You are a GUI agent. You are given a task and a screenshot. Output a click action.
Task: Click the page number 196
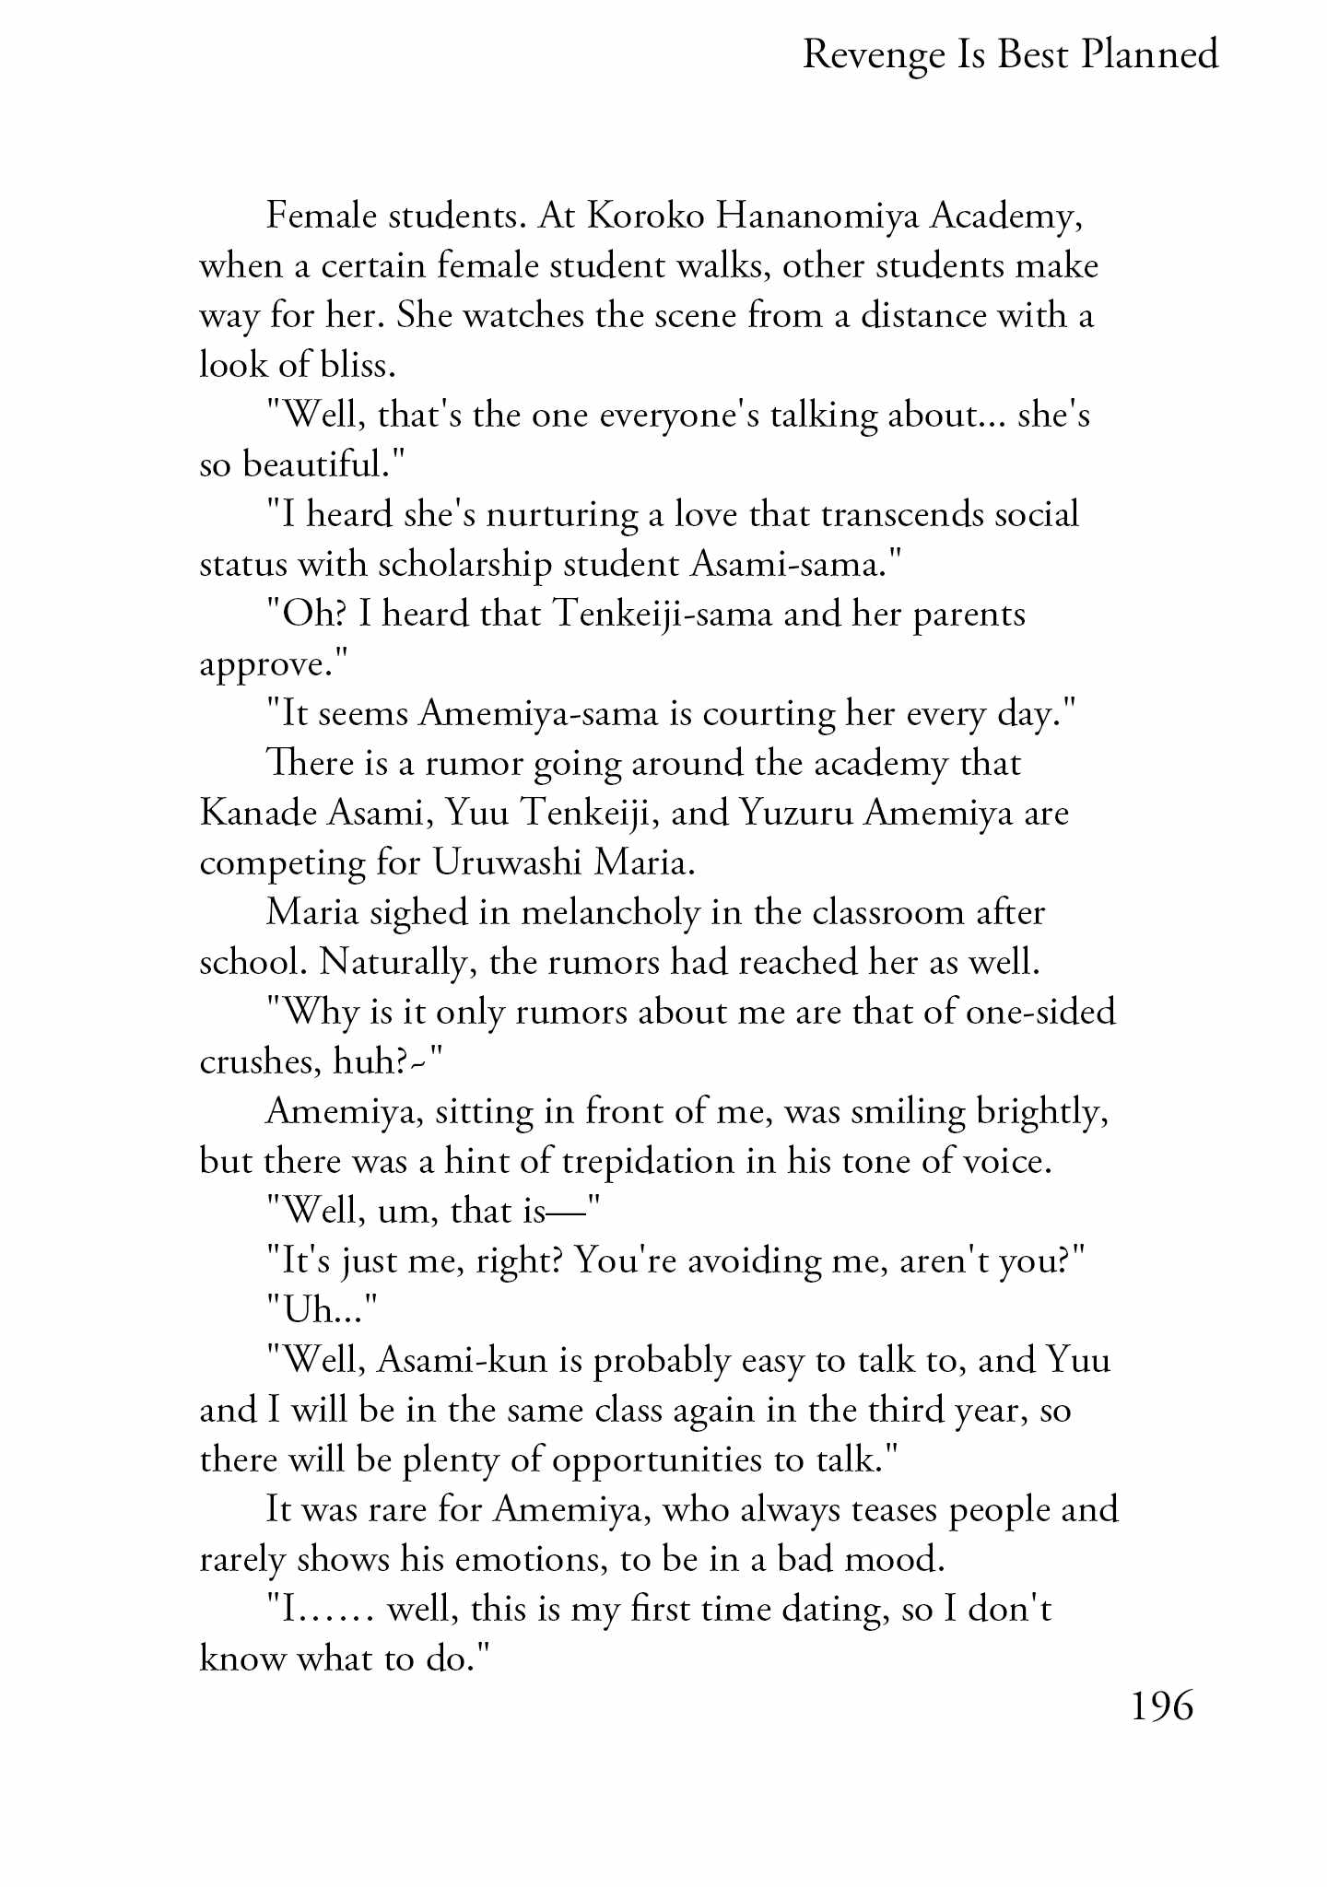click(x=1161, y=1705)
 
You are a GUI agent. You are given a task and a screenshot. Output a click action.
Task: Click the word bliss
click(x=358, y=366)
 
